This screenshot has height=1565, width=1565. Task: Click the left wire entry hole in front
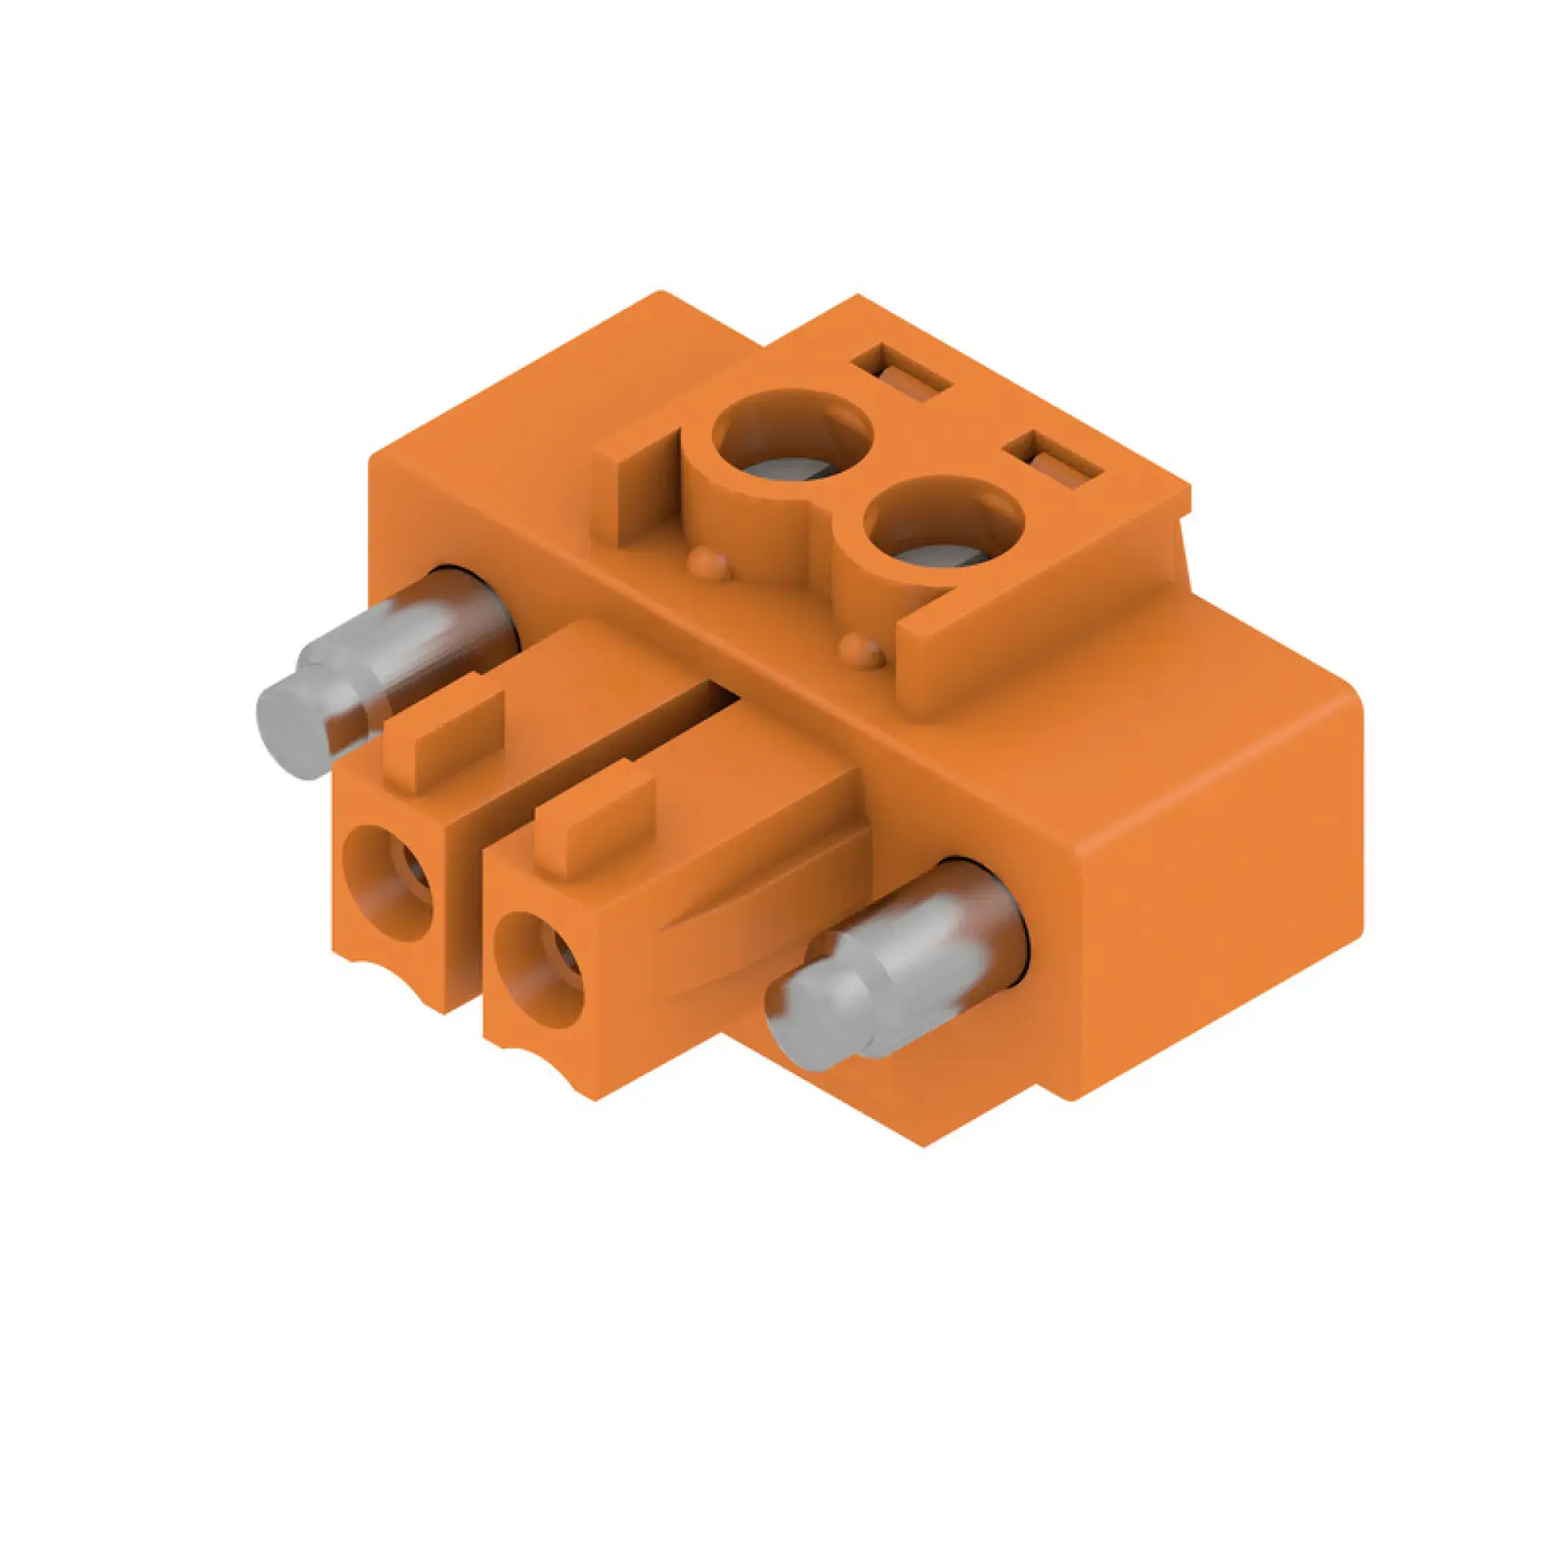[389, 883]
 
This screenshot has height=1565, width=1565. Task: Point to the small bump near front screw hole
[860, 648]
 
